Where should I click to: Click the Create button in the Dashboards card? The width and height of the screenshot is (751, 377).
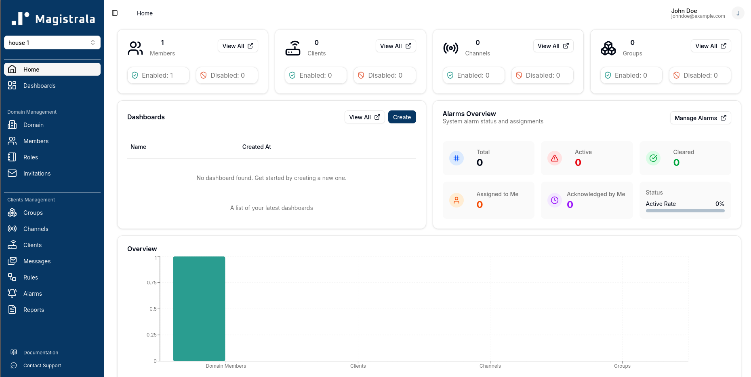point(402,117)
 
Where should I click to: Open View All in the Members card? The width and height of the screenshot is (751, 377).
point(238,46)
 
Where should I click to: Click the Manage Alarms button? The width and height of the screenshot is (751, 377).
point(700,118)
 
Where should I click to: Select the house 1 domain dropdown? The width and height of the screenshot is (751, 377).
point(52,43)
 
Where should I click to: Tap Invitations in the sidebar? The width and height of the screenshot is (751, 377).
point(37,174)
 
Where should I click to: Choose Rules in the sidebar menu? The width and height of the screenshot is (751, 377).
point(30,277)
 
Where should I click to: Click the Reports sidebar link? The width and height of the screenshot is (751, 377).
point(34,310)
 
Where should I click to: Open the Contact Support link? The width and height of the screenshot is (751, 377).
point(42,366)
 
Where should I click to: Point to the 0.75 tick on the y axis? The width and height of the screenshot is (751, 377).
point(152,283)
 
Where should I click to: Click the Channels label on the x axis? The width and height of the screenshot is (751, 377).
point(490,366)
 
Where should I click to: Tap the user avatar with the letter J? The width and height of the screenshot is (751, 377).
point(738,13)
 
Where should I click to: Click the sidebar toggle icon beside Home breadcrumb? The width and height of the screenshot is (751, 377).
point(115,13)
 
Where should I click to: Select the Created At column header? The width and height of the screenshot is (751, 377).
point(257,147)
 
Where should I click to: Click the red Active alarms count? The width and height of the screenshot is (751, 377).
point(578,163)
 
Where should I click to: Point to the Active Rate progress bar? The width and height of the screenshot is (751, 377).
point(685,211)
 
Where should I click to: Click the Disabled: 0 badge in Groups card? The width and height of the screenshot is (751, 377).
point(700,76)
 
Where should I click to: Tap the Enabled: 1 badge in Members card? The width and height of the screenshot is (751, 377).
point(158,76)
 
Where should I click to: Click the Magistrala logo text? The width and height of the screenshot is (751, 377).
point(65,19)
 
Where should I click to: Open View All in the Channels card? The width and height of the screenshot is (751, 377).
point(553,46)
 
